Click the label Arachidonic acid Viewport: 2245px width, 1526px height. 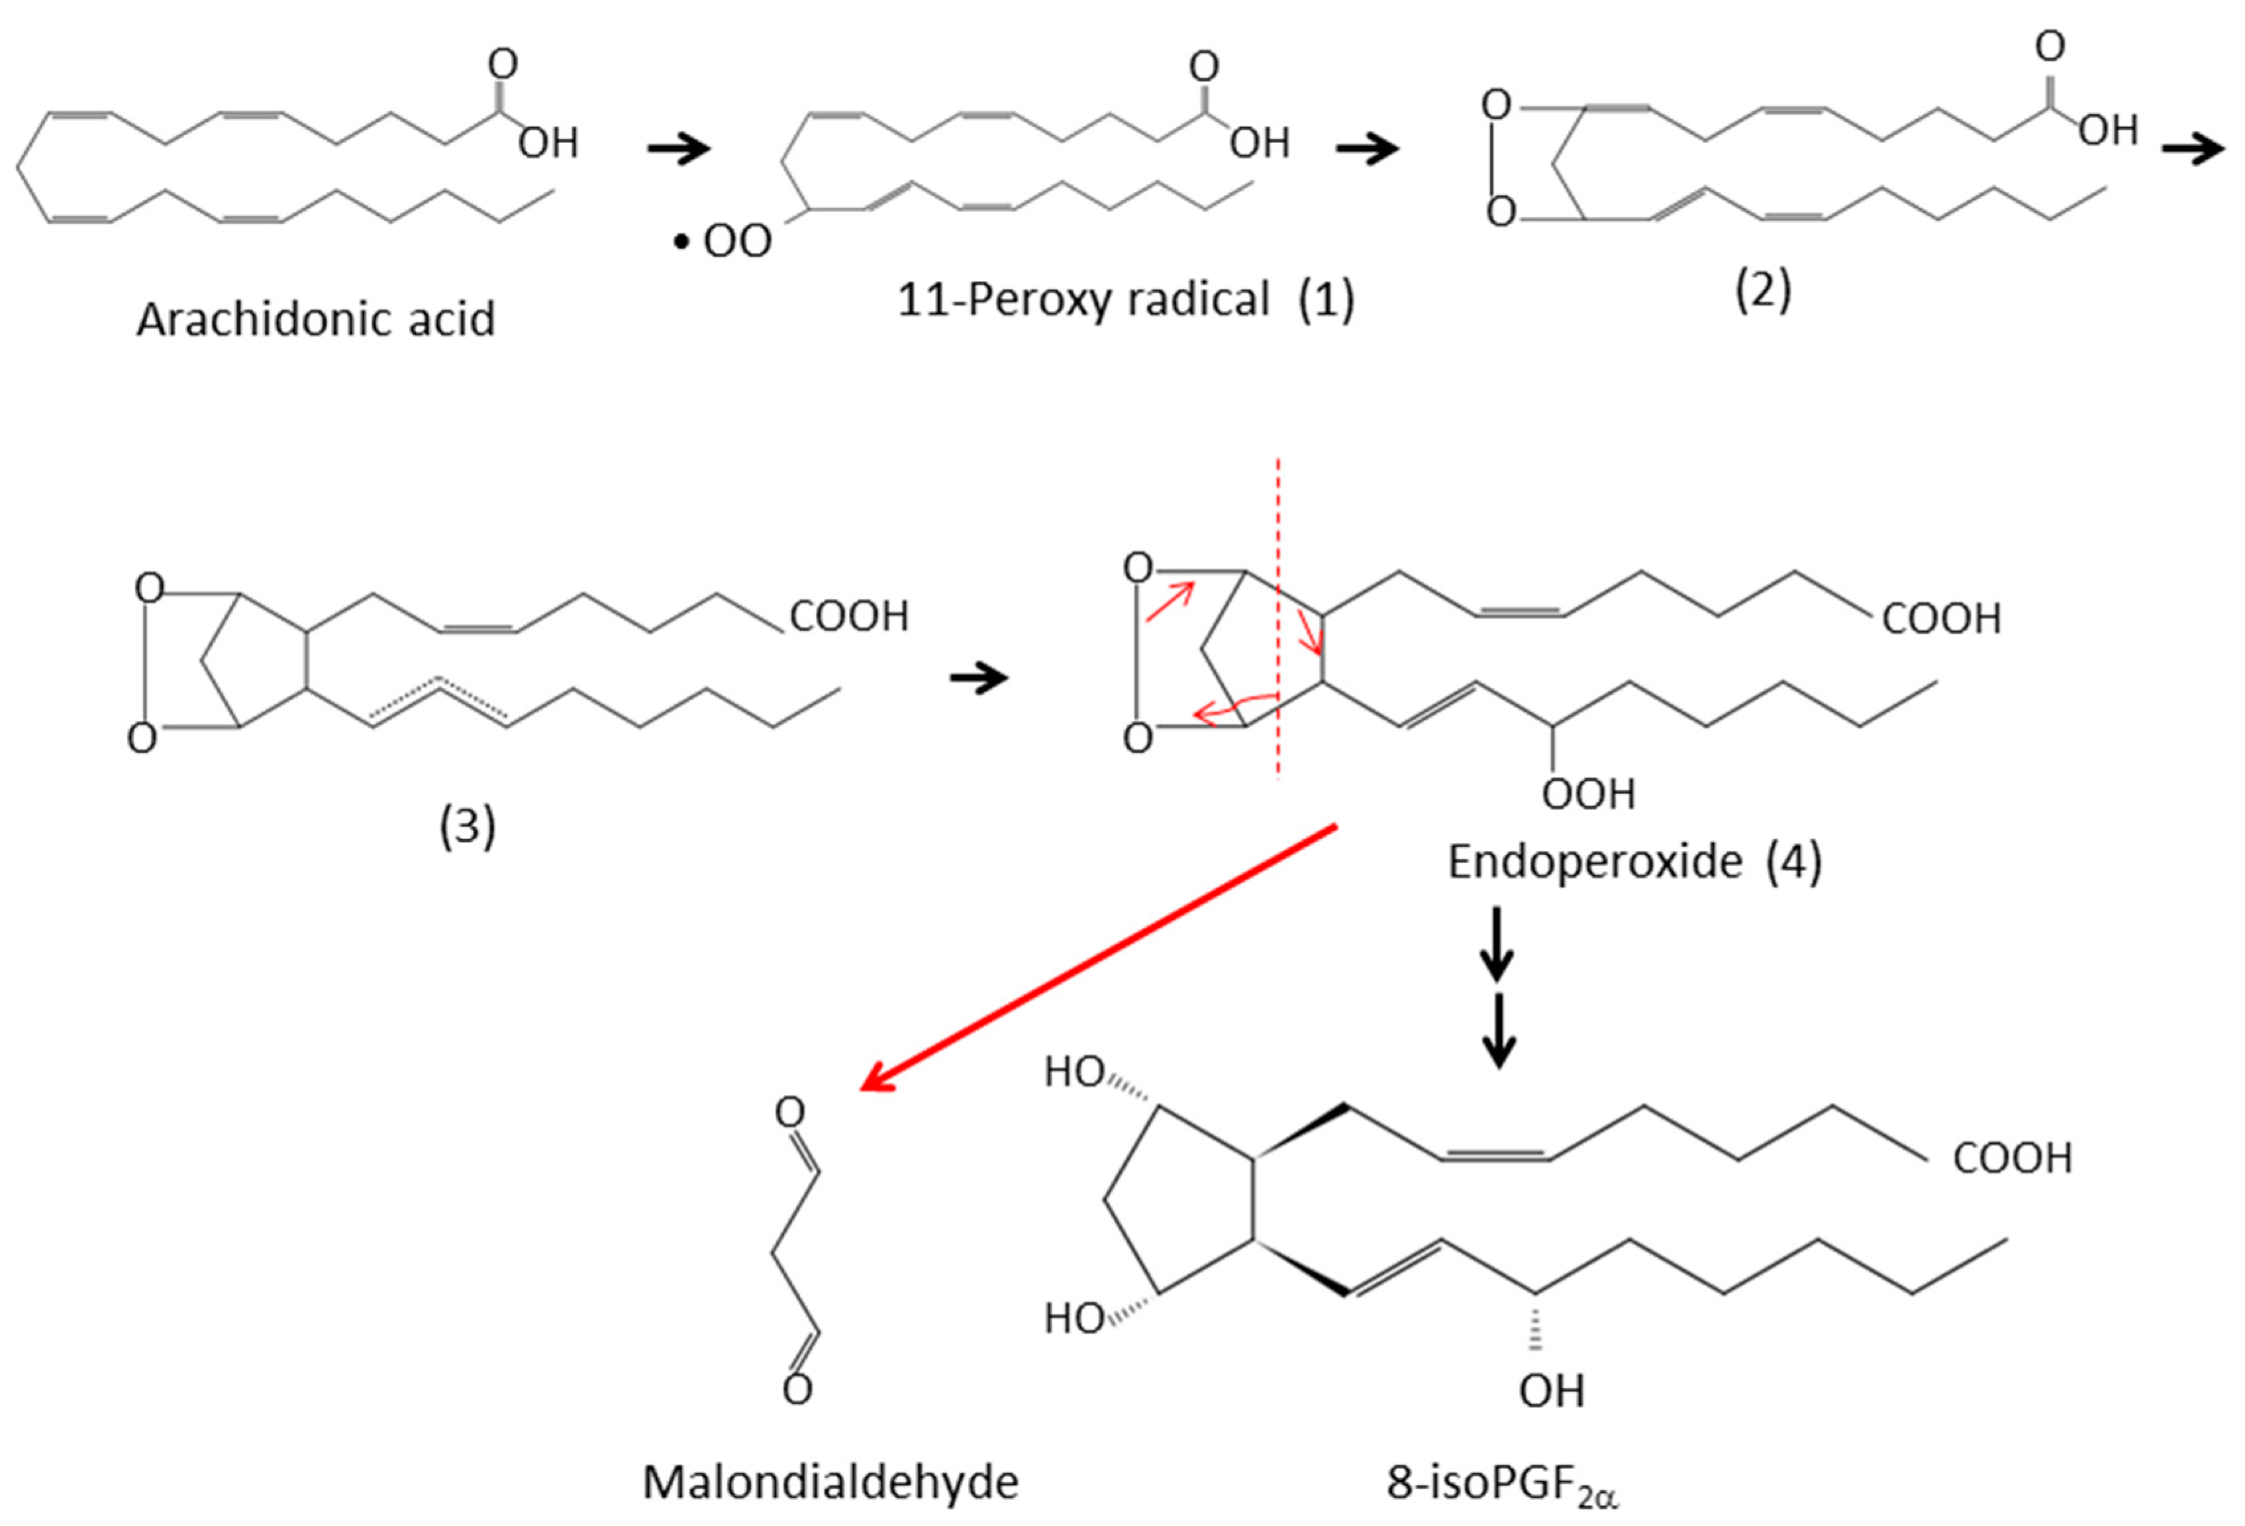coord(316,319)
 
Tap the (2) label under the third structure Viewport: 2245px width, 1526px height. coord(1762,290)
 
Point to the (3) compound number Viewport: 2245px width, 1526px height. coord(468,827)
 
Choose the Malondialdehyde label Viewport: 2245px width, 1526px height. coord(830,1482)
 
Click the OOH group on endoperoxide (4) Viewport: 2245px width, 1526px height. coord(1588,794)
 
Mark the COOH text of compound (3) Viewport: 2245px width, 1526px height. coord(849,617)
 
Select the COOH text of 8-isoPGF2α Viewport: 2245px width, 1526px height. coord(2012,1158)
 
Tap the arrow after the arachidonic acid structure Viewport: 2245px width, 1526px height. coord(678,148)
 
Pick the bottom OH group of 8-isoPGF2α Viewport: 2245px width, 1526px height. coord(1552,1391)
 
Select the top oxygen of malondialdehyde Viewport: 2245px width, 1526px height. coord(790,1112)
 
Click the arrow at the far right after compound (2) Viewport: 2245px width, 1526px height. coord(2193,150)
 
